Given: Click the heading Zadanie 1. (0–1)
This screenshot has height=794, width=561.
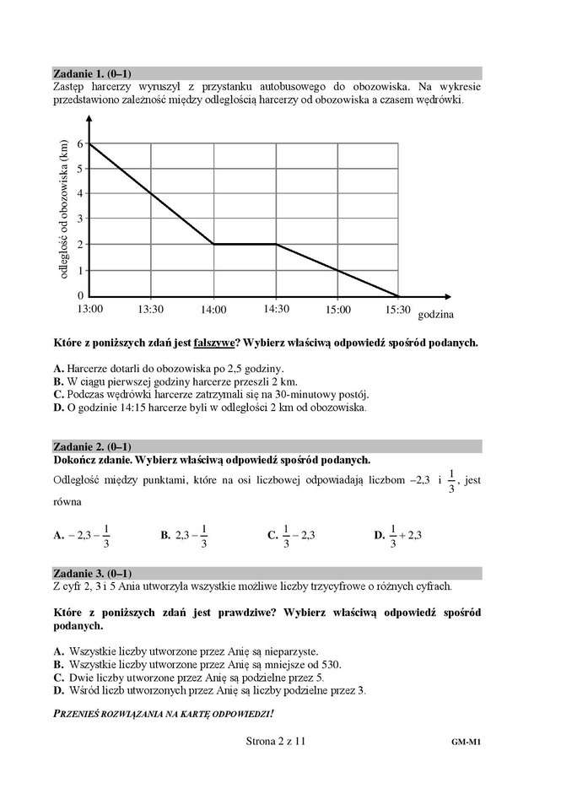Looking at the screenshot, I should click(x=92, y=73).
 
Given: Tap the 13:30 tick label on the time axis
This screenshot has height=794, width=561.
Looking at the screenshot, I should click(x=150, y=309).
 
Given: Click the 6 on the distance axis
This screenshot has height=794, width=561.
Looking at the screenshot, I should click(x=80, y=144).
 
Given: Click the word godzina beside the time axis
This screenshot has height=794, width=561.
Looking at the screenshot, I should click(x=436, y=315).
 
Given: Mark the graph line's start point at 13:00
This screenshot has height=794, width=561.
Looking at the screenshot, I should click(x=89, y=144).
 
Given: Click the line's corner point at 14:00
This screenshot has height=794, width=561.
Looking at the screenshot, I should click(x=213, y=245).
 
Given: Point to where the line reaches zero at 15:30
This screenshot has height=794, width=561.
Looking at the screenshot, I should click(x=397, y=295).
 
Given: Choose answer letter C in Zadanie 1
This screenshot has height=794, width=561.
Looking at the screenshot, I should click(x=57, y=393).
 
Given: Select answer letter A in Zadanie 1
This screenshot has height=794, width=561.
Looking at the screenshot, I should click(x=57, y=369).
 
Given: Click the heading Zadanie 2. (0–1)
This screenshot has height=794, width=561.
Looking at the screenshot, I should click(x=92, y=446).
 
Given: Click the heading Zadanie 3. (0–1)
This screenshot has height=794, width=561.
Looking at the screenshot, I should click(x=92, y=573).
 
